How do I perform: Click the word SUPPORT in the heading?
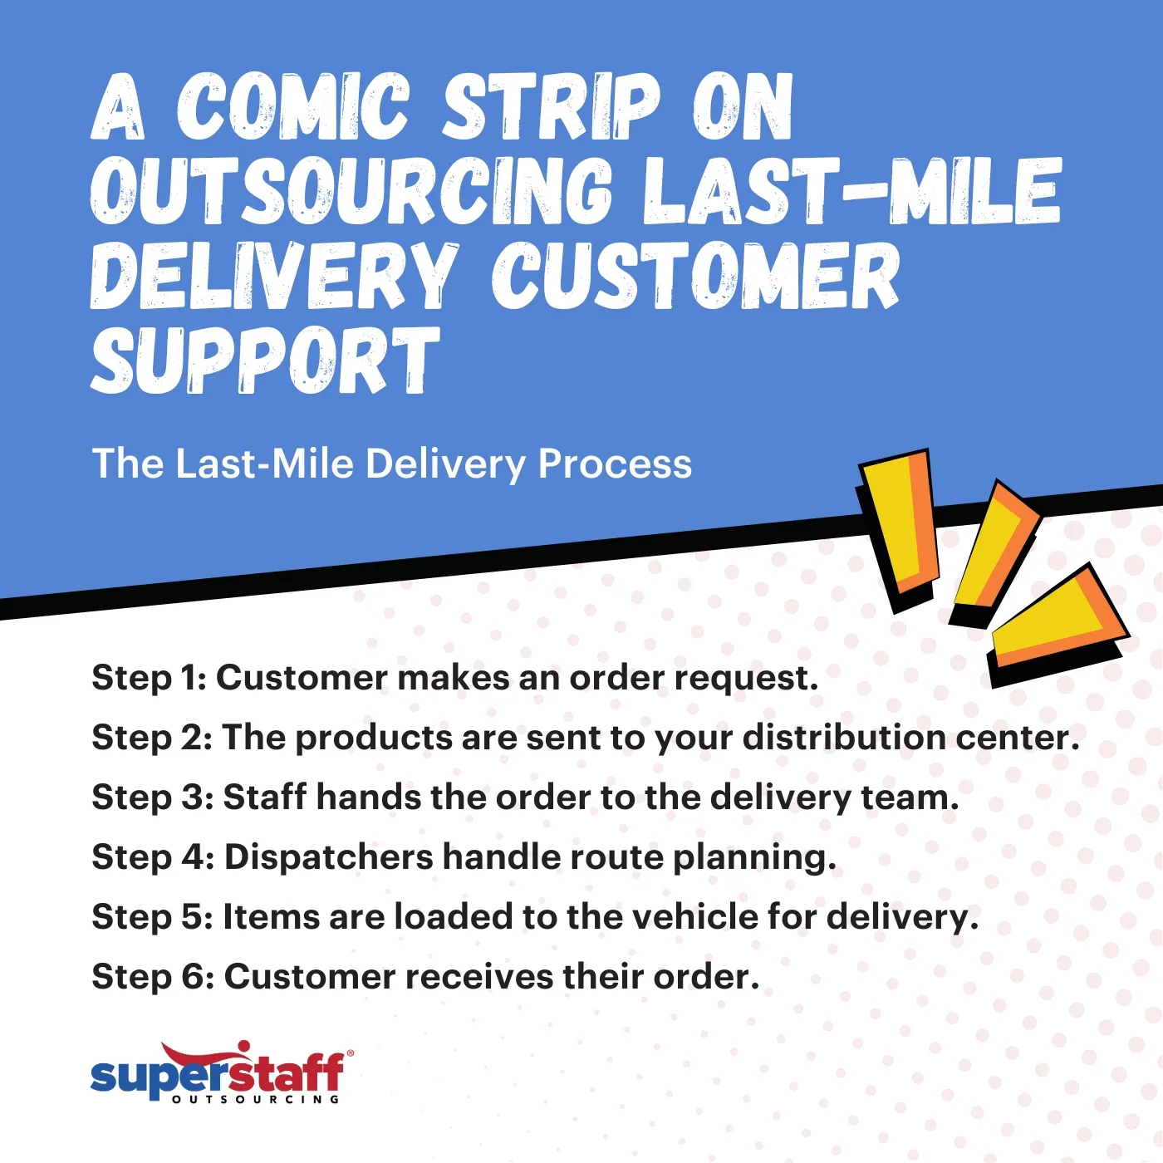click(x=264, y=361)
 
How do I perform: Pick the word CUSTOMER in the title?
click(x=694, y=276)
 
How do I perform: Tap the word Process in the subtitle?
click(x=615, y=464)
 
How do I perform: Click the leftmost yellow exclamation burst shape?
click(x=899, y=525)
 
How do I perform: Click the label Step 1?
click(x=149, y=678)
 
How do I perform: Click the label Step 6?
click(x=153, y=977)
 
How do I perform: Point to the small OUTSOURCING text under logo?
click(x=256, y=1100)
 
